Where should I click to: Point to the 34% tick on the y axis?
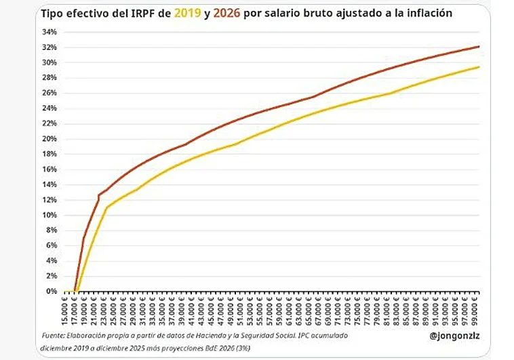(x=50, y=32)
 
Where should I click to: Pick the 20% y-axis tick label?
(x=50, y=139)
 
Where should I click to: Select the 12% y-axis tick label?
(x=50, y=200)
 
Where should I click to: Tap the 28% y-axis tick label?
(x=50, y=78)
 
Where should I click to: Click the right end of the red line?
(x=479, y=46)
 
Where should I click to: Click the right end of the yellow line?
(x=479, y=66)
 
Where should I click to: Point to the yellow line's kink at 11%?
(x=106, y=207)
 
